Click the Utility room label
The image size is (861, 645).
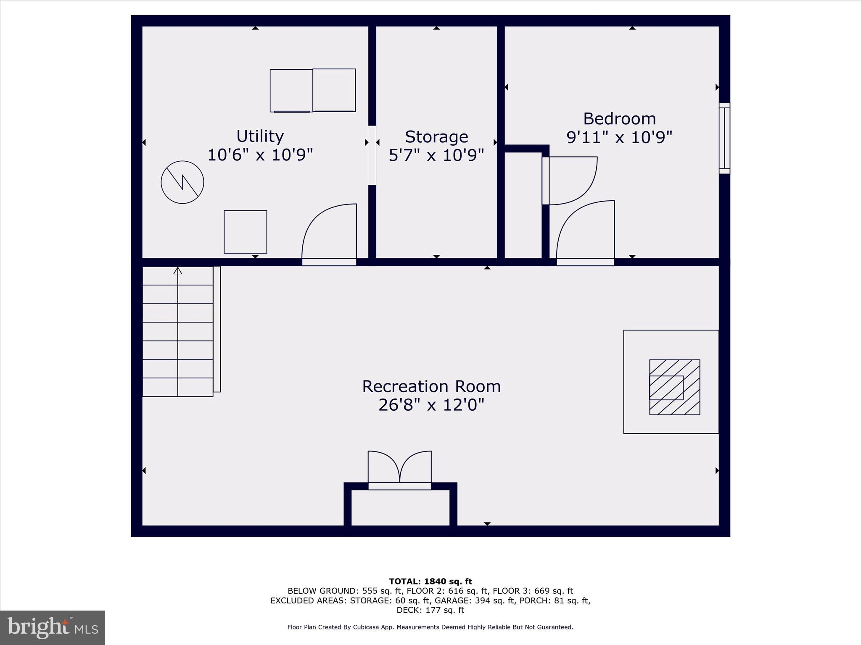point(260,136)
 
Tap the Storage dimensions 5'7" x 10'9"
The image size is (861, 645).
point(436,155)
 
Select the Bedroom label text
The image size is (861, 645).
point(619,119)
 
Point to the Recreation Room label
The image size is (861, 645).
point(431,386)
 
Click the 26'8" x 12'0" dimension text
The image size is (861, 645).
point(431,405)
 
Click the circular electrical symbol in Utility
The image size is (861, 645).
point(182,182)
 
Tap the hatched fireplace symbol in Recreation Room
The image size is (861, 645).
point(674,387)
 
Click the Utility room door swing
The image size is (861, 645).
point(329,233)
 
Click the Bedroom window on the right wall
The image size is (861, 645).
point(724,138)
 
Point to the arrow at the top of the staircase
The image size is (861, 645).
point(178,271)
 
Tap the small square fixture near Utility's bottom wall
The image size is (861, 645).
point(245,232)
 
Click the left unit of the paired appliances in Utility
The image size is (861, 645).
point(291,91)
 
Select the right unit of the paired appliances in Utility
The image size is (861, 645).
point(334,90)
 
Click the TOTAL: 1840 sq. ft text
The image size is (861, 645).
point(430,582)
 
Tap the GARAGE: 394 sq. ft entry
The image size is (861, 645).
point(475,600)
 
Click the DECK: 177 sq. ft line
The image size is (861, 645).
point(430,610)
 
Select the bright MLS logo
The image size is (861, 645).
point(53,627)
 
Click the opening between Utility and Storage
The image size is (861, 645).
point(372,155)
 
